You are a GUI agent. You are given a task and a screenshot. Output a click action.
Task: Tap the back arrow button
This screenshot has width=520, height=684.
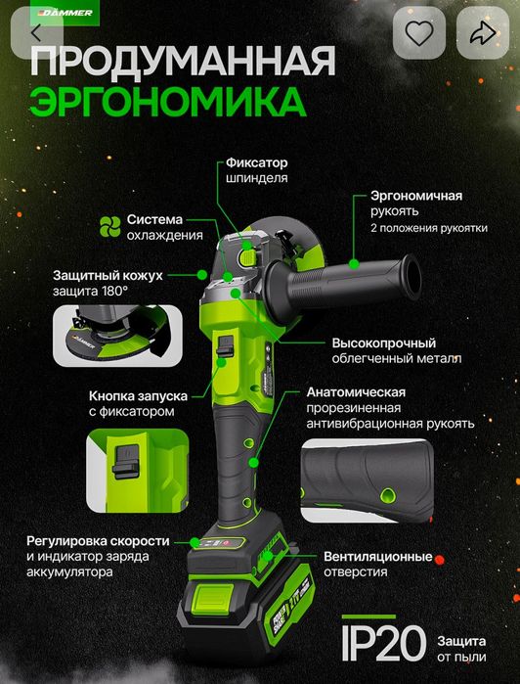pos(36,32)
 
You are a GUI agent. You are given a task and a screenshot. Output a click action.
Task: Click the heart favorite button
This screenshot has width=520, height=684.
pos(418,33)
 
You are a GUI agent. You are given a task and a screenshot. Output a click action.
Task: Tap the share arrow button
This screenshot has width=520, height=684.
pos(481,33)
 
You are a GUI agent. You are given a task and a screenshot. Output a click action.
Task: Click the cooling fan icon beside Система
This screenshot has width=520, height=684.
pos(110,226)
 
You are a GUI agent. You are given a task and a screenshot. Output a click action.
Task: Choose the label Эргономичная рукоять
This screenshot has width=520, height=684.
pos(415,196)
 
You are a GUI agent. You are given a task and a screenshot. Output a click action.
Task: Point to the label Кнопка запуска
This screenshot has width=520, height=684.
pos(138,395)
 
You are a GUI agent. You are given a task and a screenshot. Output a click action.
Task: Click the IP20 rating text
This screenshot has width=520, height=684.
pos(382,642)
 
